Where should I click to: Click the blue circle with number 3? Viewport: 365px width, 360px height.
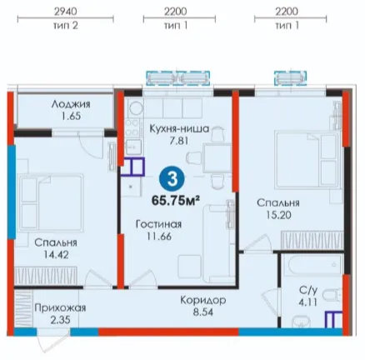pos(172,179)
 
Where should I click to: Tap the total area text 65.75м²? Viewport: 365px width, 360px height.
pos(176,200)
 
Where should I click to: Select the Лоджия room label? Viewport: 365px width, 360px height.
pos(71,104)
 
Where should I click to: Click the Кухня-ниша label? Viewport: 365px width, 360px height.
pos(179,129)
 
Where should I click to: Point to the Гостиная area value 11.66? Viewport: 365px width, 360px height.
pos(159,237)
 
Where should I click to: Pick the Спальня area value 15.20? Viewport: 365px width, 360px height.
pos(278,215)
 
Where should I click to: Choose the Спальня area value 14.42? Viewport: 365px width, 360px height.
pos(57,255)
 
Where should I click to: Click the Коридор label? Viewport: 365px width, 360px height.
pos(203,300)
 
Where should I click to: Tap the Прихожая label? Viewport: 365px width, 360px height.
pos(60,307)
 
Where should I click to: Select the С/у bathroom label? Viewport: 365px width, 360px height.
pos(308,291)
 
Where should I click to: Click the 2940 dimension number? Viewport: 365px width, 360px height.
pos(66,12)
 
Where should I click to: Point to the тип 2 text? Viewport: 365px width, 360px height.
pos(66,26)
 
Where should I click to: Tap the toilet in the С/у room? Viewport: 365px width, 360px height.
pos(332,296)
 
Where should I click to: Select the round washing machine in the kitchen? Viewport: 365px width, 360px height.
pos(136,107)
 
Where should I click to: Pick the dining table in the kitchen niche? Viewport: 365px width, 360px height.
pos(217,158)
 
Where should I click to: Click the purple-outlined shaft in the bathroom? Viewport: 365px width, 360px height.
pos(333,320)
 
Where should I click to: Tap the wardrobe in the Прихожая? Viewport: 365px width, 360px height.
pos(23,309)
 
